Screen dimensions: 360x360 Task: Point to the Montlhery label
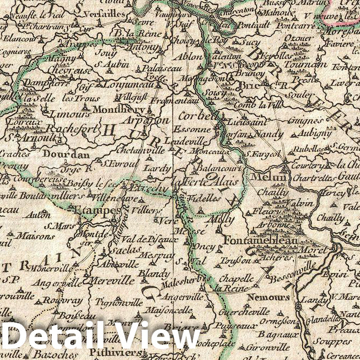click(116, 109)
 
